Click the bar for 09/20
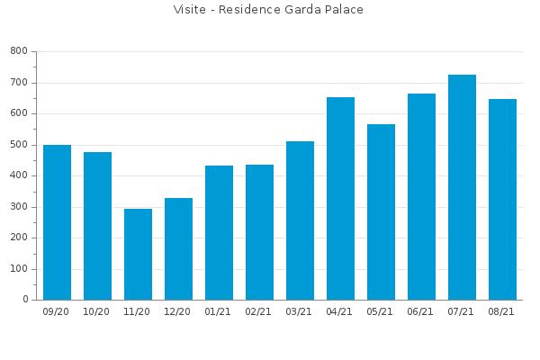pyautogui.click(x=58, y=222)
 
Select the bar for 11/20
pyautogui.click(x=138, y=254)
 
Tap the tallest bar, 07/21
pyautogui.click(x=463, y=187)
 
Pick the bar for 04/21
pyautogui.click(x=340, y=198)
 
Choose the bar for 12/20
pyautogui.click(x=179, y=248)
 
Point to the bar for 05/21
pyautogui.click(x=382, y=211)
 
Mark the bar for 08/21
pyautogui.click(x=503, y=200)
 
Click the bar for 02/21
pyautogui.click(x=260, y=232)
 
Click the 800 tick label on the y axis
pyautogui.click(x=19, y=51)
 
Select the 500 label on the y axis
pyautogui.click(x=19, y=145)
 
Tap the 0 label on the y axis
pyautogui.click(x=25, y=300)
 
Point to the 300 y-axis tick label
pyautogui.click(x=19, y=207)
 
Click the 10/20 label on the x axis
pyautogui.click(x=96, y=311)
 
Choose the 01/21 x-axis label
pyautogui.click(x=218, y=311)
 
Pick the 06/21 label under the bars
pyautogui.click(x=420, y=311)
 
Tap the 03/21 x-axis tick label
pyautogui.click(x=299, y=311)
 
